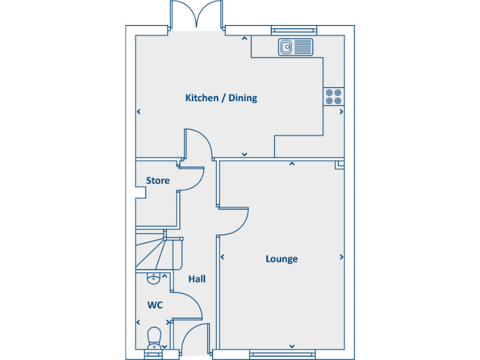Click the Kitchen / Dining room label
(x=221, y=98)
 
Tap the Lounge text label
(x=281, y=259)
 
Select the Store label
(x=157, y=181)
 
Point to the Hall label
(x=197, y=279)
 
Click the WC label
(x=155, y=306)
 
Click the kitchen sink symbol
(x=295, y=46)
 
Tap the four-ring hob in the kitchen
(x=333, y=96)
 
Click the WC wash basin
(x=153, y=279)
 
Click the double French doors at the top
(x=196, y=15)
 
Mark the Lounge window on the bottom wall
(x=281, y=354)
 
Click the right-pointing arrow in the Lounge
(x=341, y=256)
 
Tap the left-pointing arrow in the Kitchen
(x=139, y=112)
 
